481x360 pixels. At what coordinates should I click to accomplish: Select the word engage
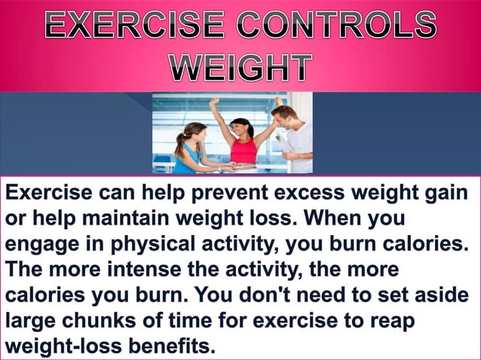pyautogui.click(x=35, y=246)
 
